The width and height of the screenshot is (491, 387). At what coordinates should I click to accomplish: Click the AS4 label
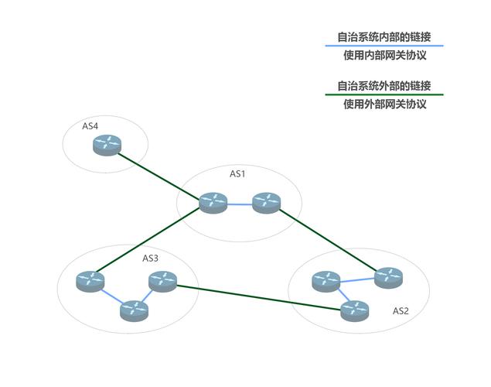[90, 126]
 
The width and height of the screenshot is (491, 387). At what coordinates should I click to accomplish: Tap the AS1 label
[237, 174]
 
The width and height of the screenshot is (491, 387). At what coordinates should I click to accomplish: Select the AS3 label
[150, 258]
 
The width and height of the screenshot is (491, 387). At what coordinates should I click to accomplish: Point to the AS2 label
[401, 311]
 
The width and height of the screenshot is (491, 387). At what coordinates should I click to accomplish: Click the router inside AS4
[108, 145]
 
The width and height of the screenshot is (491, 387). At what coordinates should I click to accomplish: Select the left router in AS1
[212, 203]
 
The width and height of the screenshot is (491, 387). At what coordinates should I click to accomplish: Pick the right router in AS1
[265, 203]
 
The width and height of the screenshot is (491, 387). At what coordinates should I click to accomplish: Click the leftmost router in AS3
[90, 281]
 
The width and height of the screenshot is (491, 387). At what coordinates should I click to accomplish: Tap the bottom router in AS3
[134, 310]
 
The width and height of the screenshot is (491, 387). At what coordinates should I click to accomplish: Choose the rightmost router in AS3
[163, 283]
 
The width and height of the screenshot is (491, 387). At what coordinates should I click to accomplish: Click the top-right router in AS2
[387, 276]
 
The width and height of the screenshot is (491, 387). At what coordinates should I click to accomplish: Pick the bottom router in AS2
[354, 310]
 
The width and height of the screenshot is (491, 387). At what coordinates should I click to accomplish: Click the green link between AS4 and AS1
[160, 174]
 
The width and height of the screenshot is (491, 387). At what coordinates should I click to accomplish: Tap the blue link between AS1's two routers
[239, 204]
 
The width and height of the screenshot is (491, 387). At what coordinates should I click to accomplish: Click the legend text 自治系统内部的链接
[384, 36]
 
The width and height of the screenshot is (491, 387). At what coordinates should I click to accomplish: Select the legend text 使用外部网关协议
[384, 104]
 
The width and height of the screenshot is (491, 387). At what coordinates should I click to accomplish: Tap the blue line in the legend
[384, 46]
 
